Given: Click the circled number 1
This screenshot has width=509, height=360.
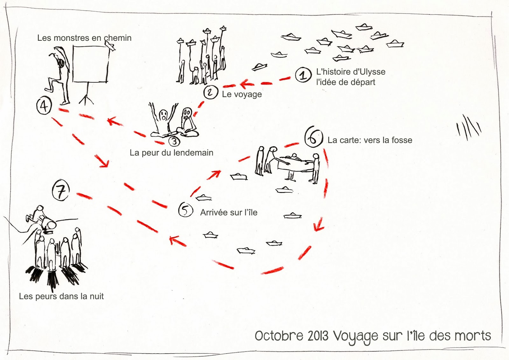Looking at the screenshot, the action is click(x=303, y=75).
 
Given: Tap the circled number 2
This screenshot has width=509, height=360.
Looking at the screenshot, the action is click(x=210, y=92).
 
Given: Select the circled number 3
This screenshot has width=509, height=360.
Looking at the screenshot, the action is click(x=174, y=141).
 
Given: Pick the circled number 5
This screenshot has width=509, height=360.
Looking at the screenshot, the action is click(x=185, y=210).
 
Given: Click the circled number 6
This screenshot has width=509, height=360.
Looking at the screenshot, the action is click(x=314, y=137).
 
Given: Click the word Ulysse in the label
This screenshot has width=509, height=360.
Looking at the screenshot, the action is click(x=372, y=72).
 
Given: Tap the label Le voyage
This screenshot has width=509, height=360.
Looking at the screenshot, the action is click(x=242, y=94).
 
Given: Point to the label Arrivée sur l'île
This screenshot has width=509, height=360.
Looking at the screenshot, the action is click(x=229, y=212).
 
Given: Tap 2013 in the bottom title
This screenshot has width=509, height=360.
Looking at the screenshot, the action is click(x=318, y=336).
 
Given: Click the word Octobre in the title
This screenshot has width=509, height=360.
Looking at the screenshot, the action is click(x=279, y=336).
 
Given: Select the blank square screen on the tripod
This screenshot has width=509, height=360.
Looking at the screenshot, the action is click(x=91, y=64).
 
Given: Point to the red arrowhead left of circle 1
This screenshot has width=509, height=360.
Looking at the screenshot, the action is click(x=246, y=84).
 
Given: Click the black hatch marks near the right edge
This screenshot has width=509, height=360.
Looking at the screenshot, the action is click(x=469, y=128).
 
